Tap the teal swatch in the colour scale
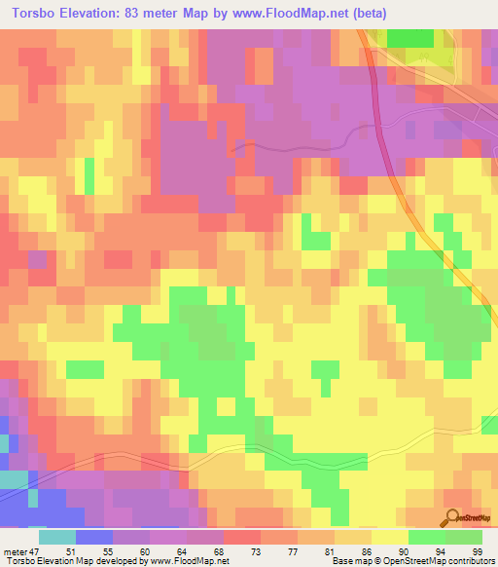57,537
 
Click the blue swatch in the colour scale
94,537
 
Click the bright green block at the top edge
413,37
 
